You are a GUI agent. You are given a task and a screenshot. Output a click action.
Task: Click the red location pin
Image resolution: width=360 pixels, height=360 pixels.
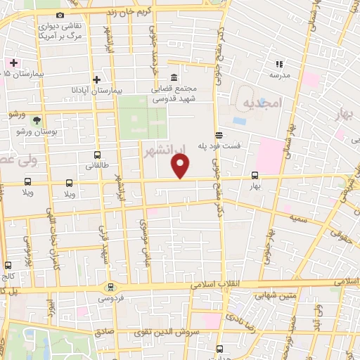click(181, 166)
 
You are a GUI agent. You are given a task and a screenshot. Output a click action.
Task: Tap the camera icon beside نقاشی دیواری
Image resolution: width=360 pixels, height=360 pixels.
click(60, 15)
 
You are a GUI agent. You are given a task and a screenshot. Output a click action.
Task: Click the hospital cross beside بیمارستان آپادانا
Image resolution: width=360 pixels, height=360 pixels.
click(97, 79)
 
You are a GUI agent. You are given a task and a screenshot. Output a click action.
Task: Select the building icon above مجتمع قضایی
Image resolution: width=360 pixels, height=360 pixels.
click(174, 77)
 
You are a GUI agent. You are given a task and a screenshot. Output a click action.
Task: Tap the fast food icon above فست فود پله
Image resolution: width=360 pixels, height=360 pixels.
click(219, 134)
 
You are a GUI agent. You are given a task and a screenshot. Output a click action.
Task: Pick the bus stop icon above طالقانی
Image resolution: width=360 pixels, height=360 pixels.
click(97, 155)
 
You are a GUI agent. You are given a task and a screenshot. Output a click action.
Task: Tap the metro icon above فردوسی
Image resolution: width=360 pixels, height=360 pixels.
click(110, 287)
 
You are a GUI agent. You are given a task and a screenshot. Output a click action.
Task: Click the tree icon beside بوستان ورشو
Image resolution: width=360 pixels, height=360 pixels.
click(37, 120)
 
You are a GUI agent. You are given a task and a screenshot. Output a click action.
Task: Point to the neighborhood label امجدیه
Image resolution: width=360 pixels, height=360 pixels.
click(262, 103)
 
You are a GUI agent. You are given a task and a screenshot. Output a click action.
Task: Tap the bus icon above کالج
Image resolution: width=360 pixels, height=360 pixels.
click(8, 266)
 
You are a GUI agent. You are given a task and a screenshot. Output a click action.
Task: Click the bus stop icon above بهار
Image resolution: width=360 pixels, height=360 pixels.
click(255, 176)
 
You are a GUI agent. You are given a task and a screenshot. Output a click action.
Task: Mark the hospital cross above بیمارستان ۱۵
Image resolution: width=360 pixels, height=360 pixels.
click(13, 63)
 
